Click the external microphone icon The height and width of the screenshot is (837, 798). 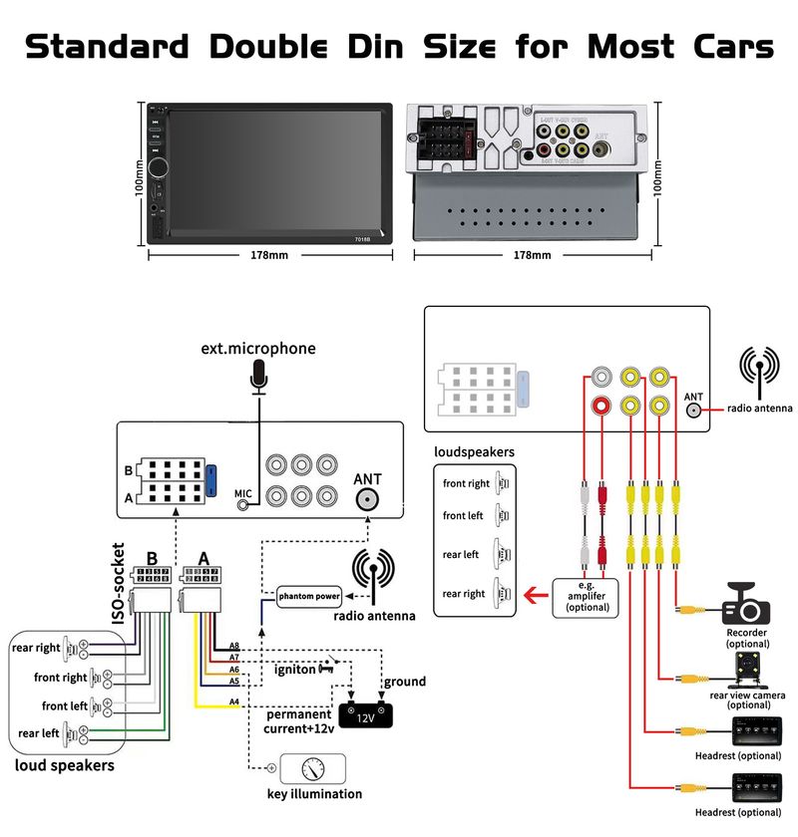[x=260, y=378]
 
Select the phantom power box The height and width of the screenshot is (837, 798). [x=309, y=596]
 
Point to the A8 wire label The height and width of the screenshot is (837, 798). [x=234, y=646]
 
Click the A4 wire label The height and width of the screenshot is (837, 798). [x=234, y=702]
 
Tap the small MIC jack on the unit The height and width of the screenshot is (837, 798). [x=242, y=504]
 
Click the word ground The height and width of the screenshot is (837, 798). [x=404, y=682]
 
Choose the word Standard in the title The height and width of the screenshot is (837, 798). [x=107, y=46]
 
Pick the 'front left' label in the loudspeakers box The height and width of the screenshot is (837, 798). [x=463, y=516]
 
